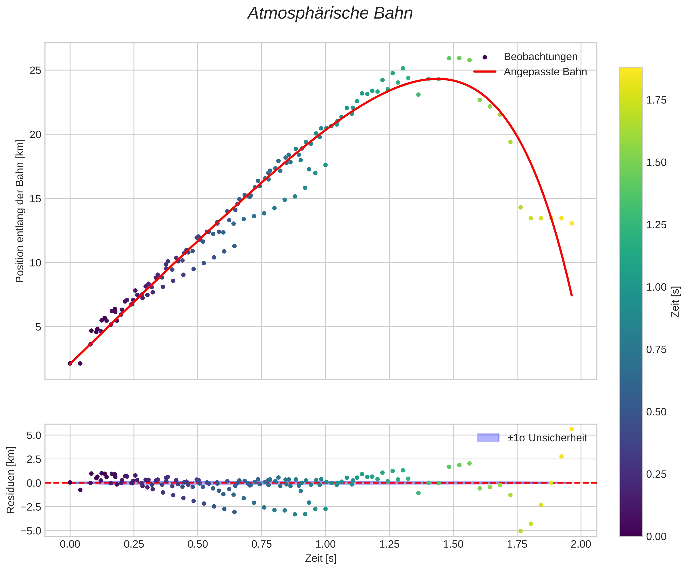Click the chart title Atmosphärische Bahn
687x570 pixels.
tap(330, 14)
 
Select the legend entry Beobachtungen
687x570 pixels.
tap(540, 57)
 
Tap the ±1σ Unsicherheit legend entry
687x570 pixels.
tap(547, 438)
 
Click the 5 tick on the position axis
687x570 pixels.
tap(38, 327)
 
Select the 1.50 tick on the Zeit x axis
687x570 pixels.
tap(453, 544)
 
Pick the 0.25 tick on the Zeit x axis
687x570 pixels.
tap(134, 544)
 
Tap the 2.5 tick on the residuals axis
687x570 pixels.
tap(34, 459)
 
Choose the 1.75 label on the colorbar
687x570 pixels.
tap(656, 100)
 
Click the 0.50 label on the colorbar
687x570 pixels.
tap(656, 412)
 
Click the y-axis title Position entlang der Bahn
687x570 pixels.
tap(20, 211)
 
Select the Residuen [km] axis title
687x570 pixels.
tap(11, 480)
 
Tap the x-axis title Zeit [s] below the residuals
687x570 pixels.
tap(321, 559)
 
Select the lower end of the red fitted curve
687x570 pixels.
tap(572, 295)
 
